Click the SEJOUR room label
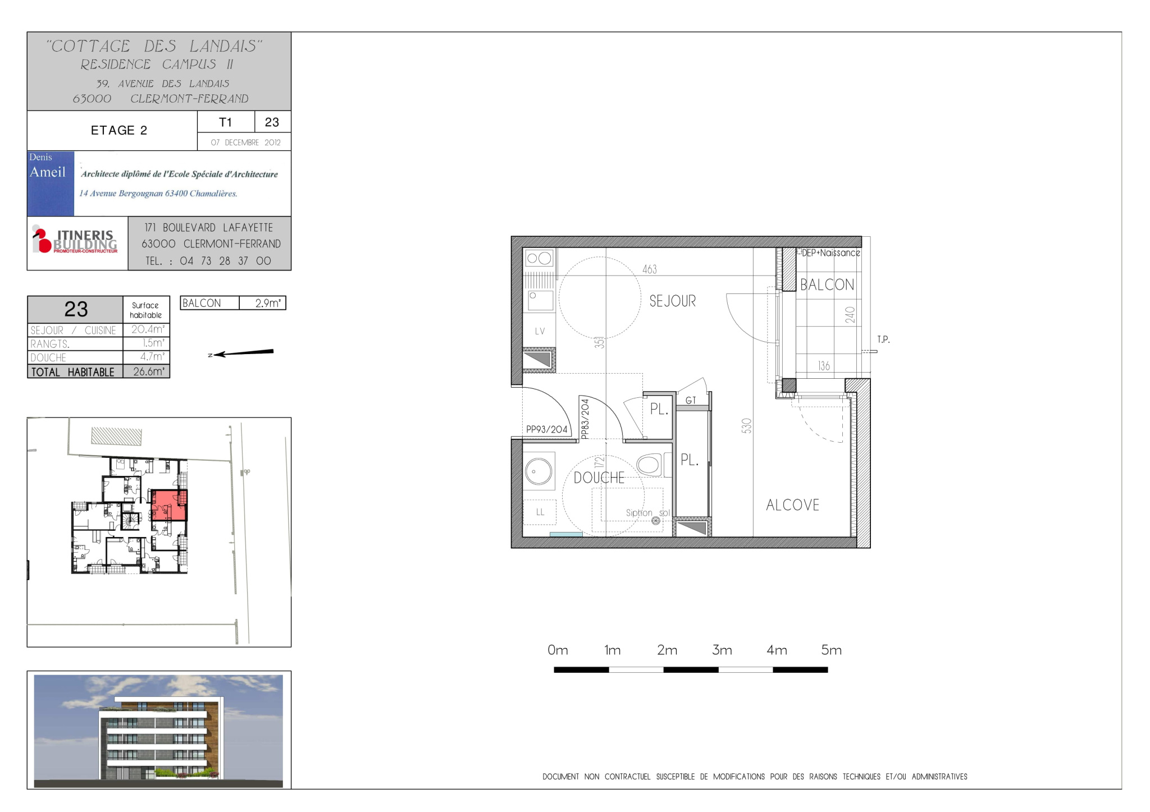point(672,301)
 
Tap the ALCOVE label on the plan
point(792,505)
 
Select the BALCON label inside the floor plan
point(827,285)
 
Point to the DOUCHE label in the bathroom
point(599,478)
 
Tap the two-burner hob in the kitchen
point(539,258)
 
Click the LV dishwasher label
point(540,331)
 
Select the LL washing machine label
point(540,512)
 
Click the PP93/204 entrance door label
point(546,429)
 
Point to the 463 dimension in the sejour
point(650,269)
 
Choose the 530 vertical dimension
point(746,426)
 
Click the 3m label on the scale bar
point(722,650)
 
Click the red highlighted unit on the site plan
point(169,505)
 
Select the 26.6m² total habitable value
point(149,371)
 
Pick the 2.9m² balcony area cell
point(268,303)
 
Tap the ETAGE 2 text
point(119,130)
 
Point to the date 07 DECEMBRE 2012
point(245,143)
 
